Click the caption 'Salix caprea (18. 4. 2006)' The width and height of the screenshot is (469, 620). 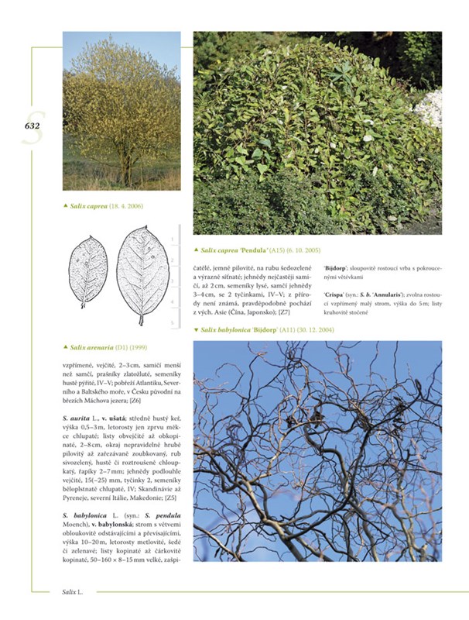pos(107,205)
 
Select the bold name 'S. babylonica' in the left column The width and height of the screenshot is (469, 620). pos(85,515)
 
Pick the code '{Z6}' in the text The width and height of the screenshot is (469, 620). pos(135,401)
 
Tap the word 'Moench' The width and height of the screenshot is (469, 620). pos(77,525)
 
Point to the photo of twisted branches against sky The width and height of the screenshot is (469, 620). pos(317,449)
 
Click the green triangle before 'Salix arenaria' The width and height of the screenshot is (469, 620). pos(65,347)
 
